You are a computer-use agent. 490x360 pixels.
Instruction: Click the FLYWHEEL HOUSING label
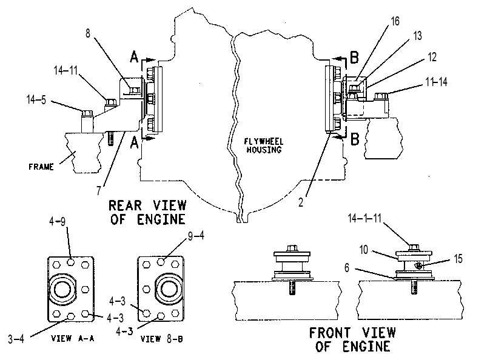[264, 146]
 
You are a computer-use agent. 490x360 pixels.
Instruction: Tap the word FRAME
[41, 167]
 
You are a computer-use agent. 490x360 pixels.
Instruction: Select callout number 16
[395, 21]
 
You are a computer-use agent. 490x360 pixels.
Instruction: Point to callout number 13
[417, 36]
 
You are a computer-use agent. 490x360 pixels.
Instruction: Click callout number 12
[432, 57]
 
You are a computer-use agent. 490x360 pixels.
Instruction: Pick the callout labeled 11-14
[436, 82]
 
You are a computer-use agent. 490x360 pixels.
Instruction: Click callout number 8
[88, 33]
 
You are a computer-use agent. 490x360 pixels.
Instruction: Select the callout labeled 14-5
[36, 100]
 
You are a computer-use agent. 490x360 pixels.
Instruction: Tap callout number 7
[99, 190]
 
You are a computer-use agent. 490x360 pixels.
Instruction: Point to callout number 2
[301, 202]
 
